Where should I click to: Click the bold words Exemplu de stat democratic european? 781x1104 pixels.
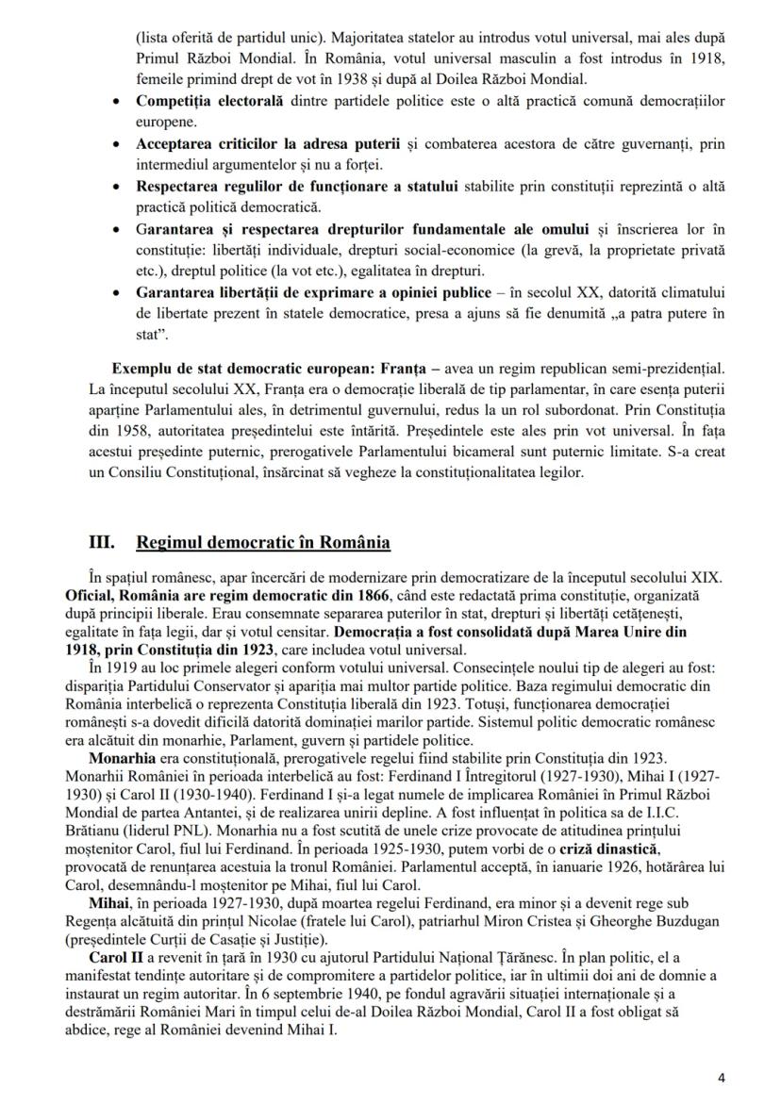[238, 366]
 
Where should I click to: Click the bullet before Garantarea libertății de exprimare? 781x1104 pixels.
[115, 293]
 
